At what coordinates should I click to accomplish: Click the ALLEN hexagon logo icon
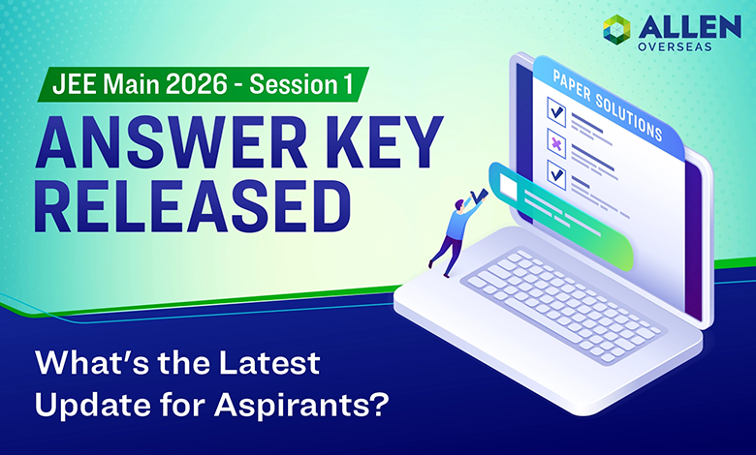614,30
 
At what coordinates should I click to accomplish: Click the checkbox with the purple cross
556,142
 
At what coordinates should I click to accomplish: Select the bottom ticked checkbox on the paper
555,175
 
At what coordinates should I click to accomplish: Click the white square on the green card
507,183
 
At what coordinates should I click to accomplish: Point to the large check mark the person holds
478,197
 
